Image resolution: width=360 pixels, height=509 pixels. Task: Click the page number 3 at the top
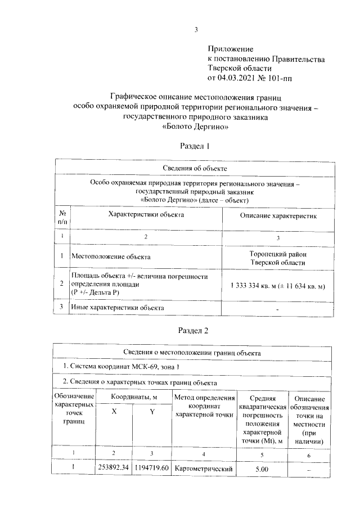(196, 30)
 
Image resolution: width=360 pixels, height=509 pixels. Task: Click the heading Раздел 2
(194, 331)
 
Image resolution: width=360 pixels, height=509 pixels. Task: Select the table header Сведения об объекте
(195, 168)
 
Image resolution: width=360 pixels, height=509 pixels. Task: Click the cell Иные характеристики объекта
(117, 308)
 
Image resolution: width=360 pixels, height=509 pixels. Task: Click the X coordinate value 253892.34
(114, 467)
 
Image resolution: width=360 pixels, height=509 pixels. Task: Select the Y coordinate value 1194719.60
(151, 467)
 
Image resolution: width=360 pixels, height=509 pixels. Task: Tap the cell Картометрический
(203, 468)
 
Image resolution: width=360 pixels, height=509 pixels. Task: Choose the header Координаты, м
(133, 397)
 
